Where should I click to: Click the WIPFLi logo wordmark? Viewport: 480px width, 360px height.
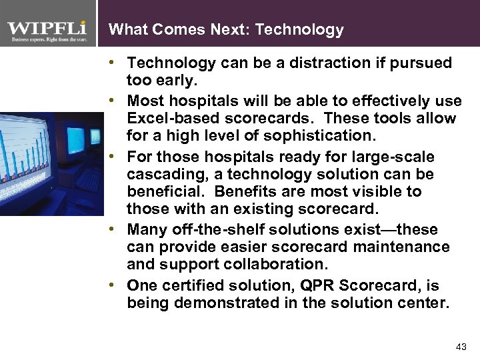click(x=47, y=29)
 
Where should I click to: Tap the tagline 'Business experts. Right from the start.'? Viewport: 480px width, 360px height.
click(x=47, y=40)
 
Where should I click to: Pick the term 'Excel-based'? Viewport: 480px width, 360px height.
click(x=168, y=119)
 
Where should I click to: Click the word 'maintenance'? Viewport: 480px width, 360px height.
click(x=405, y=247)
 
